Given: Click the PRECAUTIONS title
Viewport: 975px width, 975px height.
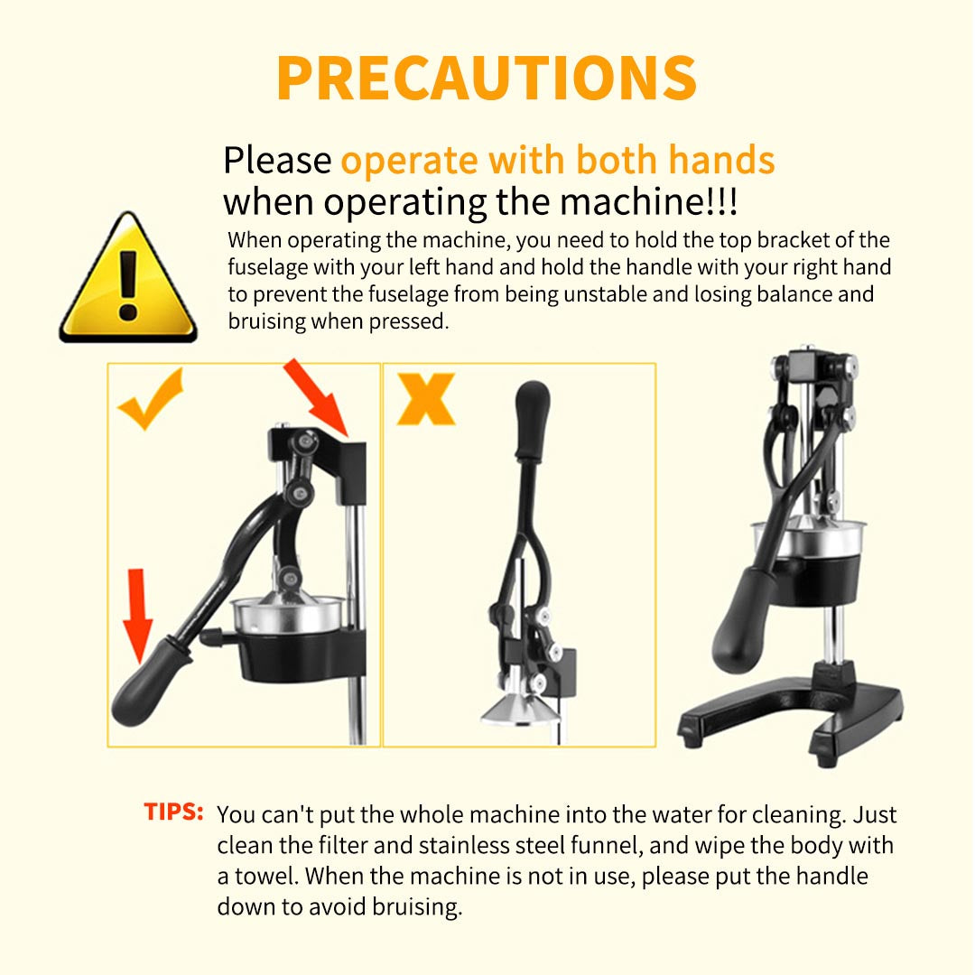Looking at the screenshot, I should click(x=487, y=78).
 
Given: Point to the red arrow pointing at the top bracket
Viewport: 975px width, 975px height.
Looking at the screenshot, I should click(x=317, y=395).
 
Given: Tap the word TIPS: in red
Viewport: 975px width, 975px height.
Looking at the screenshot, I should click(x=173, y=811).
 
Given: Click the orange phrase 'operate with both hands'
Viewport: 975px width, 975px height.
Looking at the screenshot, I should click(x=557, y=161).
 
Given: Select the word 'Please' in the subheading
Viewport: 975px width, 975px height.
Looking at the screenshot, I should click(x=277, y=162).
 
